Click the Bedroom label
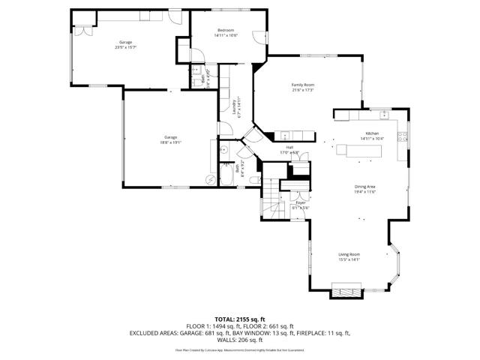click(227, 30)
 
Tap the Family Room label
click(302, 85)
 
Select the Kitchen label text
click(372, 133)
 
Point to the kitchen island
click(358, 151)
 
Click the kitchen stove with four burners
click(403, 138)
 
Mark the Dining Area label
click(365, 187)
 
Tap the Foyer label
click(300, 202)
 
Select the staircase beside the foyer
click(270, 201)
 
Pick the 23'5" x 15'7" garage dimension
click(125, 46)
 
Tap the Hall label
click(289, 148)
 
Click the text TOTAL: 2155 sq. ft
click(240, 319)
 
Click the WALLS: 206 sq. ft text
click(240, 339)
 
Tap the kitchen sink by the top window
click(383, 115)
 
